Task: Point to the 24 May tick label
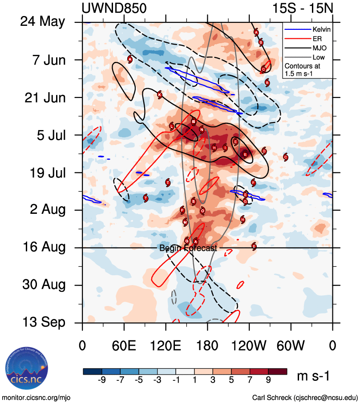43,22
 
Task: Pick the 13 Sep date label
44,322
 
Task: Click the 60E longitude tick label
124,345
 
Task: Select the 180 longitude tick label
207,345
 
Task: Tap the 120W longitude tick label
249,345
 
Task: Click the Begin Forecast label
188,249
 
